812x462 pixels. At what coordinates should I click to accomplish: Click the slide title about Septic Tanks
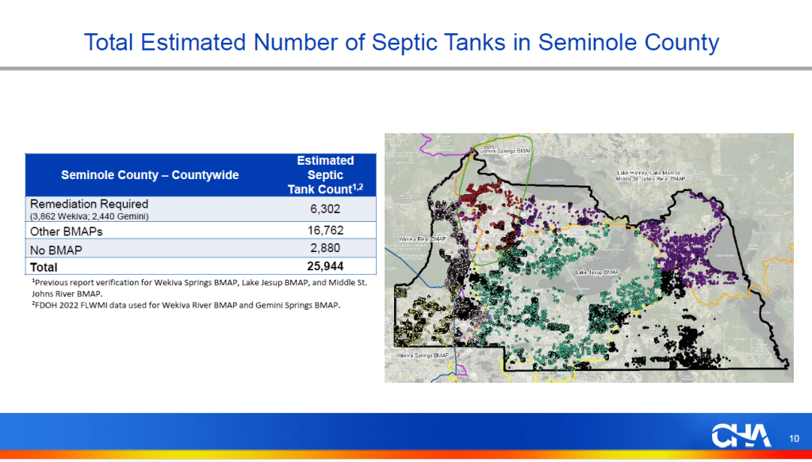pyautogui.click(x=401, y=41)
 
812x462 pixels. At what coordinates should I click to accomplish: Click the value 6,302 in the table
pyautogui.click(x=325, y=209)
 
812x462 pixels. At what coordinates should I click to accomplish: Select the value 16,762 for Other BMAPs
pyautogui.click(x=325, y=231)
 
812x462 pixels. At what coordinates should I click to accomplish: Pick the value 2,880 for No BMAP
pyautogui.click(x=325, y=249)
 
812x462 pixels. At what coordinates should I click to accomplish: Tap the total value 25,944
pyautogui.click(x=325, y=266)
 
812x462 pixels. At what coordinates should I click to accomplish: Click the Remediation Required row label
pyautogui.click(x=89, y=204)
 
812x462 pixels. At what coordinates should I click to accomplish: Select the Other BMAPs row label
pyautogui.click(x=67, y=231)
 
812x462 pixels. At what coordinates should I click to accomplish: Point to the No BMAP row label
pyautogui.click(x=58, y=249)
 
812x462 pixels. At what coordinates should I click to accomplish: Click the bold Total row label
pyautogui.click(x=44, y=267)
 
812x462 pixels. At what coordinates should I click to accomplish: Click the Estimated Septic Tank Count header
pyautogui.click(x=325, y=175)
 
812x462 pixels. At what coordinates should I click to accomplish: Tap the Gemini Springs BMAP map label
pyautogui.click(x=505, y=150)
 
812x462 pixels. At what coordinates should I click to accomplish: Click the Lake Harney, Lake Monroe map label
pyautogui.click(x=650, y=175)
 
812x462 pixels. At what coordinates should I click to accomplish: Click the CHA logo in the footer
pyautogui.click(x=740, y=437)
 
